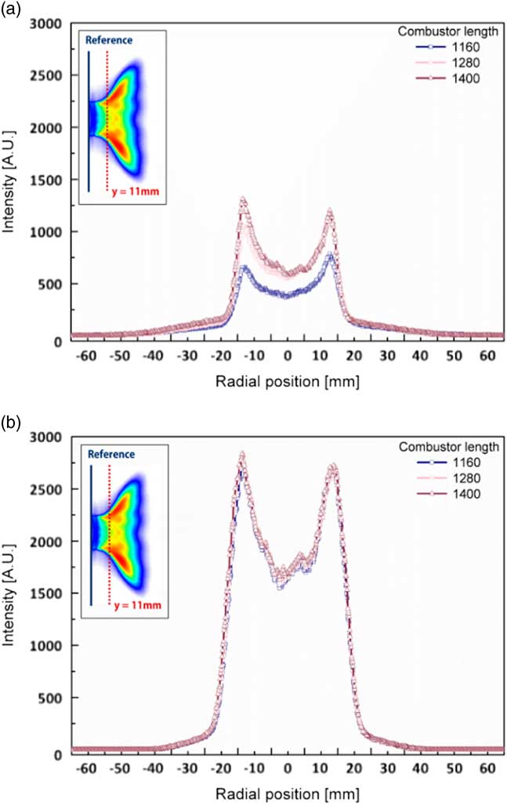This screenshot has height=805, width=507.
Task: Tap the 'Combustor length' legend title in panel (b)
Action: (444, 448)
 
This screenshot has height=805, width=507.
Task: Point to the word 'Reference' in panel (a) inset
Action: (109, 40)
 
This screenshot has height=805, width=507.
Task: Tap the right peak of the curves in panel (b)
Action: (332, 467)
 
